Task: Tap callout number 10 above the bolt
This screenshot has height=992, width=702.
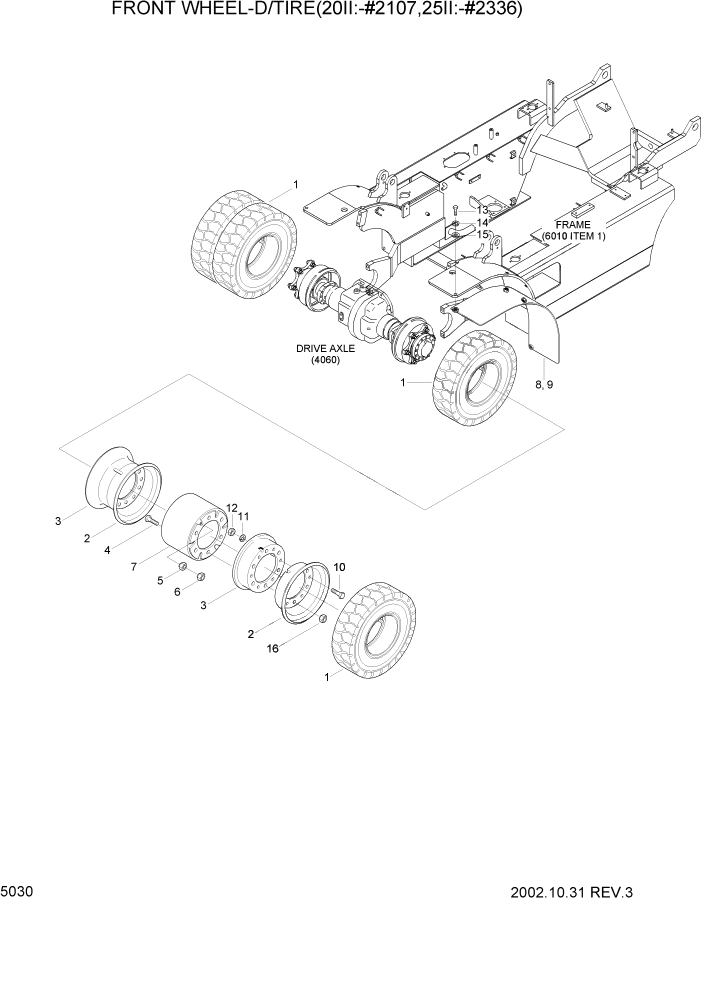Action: [x=339, y=567]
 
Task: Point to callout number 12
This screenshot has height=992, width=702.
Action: [x=232, y=508]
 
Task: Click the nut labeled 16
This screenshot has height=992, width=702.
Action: [x=323, y=622]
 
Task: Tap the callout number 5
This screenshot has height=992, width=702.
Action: [x=158, y=580]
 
